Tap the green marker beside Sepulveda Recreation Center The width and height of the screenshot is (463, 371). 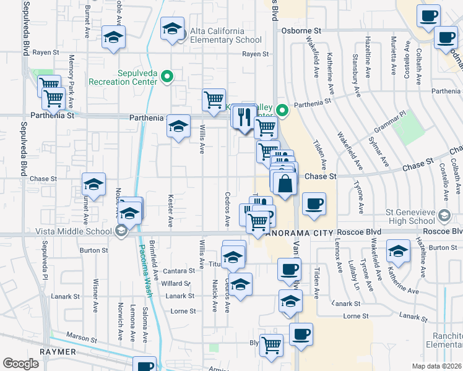click(x=167, y=77)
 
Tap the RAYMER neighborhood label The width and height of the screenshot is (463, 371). click(x=57, y=351)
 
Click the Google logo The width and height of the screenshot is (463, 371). click(x=20, y=364)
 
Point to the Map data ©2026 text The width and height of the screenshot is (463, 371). click(x=436, y=366)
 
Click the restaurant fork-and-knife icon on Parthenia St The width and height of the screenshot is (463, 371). click(x=244, y=115)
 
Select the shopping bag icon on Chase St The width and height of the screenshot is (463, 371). click(x=284, y=184)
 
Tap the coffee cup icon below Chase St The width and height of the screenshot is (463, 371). click(x=314, y=203)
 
